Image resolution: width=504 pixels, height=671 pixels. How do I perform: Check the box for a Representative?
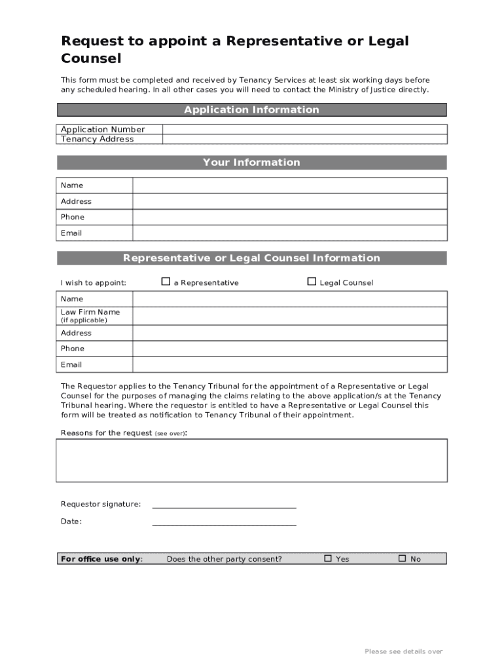[166, 282]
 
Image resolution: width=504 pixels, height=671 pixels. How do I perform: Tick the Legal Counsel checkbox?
[312, 282]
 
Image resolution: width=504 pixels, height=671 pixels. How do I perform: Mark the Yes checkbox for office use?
[329, 558]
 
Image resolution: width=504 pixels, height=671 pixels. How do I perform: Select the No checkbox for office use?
[403, 558]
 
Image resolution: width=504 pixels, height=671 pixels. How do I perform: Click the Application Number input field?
[304, 129]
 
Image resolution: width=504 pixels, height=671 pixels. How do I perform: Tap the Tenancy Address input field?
[304, 139]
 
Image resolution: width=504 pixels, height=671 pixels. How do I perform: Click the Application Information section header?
[252, 109]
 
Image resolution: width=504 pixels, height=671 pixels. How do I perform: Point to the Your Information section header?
[252, 163]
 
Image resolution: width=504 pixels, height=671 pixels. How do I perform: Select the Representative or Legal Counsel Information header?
[252, 258]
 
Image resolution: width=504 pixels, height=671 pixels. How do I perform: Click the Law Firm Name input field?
[290, 316]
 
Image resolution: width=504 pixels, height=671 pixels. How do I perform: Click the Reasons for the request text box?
[252, 461]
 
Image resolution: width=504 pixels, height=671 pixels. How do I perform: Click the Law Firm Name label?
[90, 312]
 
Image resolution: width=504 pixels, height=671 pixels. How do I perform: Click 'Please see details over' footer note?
[404, 651]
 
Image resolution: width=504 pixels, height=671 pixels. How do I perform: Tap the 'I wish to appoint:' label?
[94, 283]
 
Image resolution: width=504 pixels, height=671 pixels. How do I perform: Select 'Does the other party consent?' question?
[225, 559]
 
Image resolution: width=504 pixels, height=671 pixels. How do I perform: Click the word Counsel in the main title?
[91, 58]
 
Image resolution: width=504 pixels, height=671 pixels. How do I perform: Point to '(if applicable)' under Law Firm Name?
[84, 320]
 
